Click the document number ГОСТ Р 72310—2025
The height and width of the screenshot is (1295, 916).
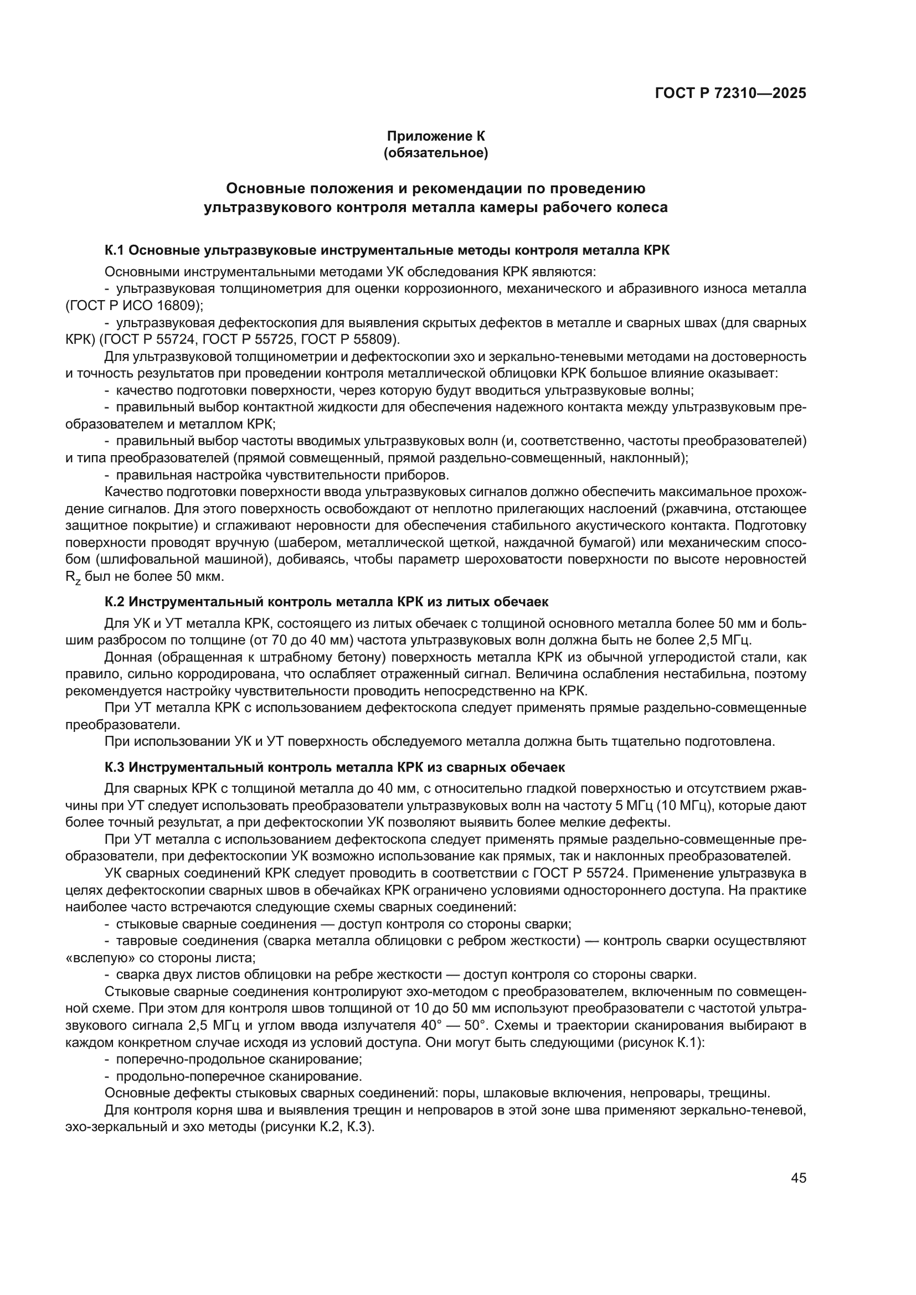pyautogui.click(x=730, y=93)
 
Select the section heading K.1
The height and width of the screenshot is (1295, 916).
pyautogui.click(x=387, y=250)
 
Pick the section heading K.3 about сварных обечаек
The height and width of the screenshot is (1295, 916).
pyautogui.click(x=335, y=767)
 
